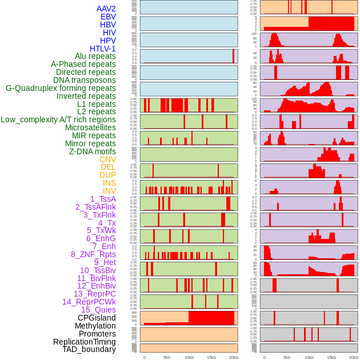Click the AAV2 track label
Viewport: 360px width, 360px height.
(106, 9)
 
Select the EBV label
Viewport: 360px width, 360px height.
(108, 17)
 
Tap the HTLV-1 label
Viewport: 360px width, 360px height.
(102, 49)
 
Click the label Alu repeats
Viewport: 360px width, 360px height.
(95, 56)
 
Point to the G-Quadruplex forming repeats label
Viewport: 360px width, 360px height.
(61, 88)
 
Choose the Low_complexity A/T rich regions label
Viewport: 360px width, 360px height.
(58, 119)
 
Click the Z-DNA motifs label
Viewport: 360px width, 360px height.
(92, 151)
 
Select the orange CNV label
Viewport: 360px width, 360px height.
(107, 159)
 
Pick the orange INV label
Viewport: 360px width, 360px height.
(109, 191)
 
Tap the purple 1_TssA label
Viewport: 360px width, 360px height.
(103, 199)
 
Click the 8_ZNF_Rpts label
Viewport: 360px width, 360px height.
(93, 254)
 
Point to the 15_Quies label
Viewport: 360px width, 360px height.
(98, 310)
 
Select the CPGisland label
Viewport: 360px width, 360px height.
(97, 318)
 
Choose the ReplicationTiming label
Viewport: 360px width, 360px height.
(84, 342)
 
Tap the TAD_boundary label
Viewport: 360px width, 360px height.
(89, 349)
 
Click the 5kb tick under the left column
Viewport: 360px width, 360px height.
(167, 357)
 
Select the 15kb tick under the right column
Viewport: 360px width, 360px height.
(331, 357)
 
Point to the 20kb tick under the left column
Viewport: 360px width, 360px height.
(234, 357)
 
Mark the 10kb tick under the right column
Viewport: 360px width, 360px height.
(309, 357)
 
